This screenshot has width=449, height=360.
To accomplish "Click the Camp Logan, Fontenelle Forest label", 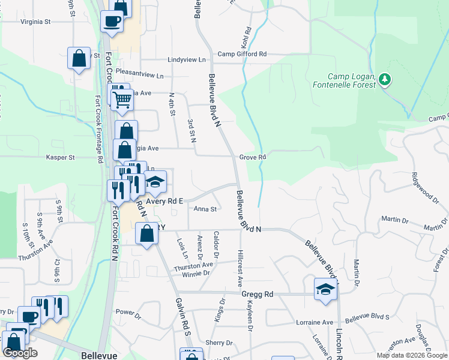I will point(352,80).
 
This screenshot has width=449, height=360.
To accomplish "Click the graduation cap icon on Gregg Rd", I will point(325,289).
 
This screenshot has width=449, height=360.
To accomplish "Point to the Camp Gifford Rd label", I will point(242,54).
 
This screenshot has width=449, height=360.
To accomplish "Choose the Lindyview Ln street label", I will point(187,60).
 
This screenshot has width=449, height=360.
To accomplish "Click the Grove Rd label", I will point(253,157).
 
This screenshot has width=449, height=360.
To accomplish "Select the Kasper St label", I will point(60,157).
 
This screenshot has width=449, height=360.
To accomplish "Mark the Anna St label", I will point(205,209).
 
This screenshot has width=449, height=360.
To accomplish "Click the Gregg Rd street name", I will point(258,294).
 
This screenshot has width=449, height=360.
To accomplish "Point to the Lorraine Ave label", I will point(314,322).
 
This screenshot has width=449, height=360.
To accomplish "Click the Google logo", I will point(20,353).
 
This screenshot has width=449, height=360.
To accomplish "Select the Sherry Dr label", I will point(218,343).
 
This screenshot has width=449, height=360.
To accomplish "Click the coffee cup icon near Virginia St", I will point(112,22).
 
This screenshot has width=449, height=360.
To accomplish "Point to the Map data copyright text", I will point(411,355).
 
